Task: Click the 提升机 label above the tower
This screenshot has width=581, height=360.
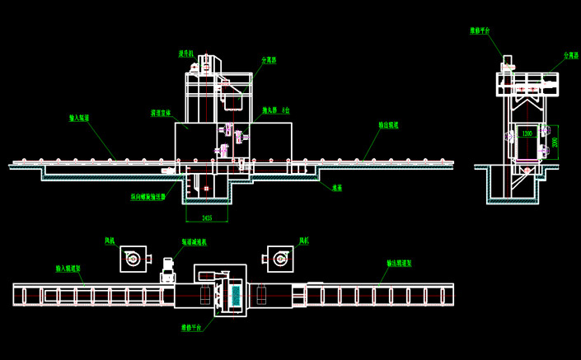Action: coord(186,54)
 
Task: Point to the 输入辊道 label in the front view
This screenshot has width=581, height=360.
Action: coord(79,118)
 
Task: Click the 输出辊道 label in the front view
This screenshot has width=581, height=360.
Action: coord(388,125)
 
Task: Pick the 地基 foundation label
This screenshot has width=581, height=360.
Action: coord(337,187)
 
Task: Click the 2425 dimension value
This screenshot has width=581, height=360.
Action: coord(206,217)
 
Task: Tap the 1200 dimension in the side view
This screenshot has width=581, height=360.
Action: coord(526,131)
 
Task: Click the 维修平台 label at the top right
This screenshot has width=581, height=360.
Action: coord(480,30)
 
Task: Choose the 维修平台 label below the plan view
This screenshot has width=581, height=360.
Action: coord(192,326)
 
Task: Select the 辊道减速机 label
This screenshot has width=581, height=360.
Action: coord(194,242)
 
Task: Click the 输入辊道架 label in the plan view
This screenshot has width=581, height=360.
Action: coord(68,269)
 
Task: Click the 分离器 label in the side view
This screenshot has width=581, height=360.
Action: coord(569,55)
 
